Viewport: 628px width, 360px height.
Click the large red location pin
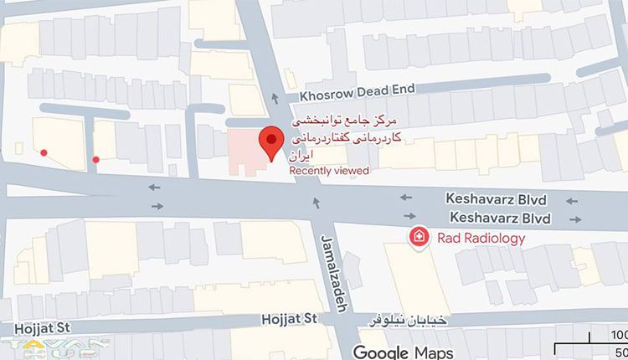point(270,141)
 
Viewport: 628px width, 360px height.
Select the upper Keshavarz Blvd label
point(497,201)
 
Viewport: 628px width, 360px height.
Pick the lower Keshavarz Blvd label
point(500,219)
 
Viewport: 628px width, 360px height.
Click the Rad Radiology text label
point(481,239)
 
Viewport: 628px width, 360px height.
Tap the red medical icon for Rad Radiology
point(418,239)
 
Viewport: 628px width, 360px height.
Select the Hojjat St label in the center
point(290,319)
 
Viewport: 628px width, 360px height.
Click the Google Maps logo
point(403,352)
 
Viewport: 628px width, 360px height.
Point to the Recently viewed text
point(329,171)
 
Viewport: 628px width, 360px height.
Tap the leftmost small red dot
point(44,152)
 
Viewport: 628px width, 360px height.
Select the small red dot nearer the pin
point(96,159)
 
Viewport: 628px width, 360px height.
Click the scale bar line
point(590,344)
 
